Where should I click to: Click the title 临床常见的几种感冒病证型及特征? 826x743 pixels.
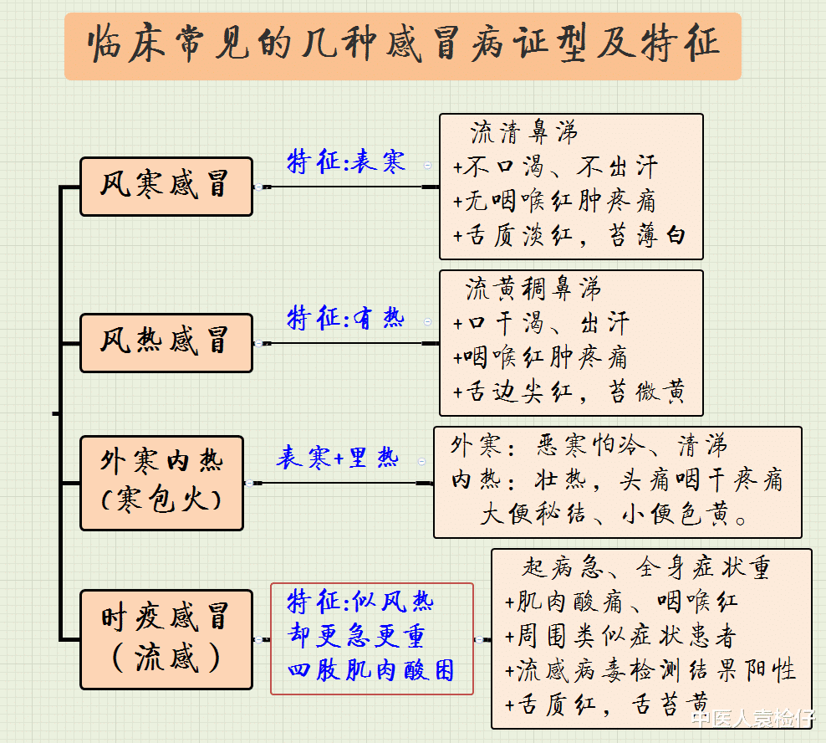pyautogui.click(x=403, y=44)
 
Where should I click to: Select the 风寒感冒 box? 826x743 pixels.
pyautogui.click(x=166, y=186)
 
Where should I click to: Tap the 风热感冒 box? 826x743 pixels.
pyautogui.click(x=166, y=342)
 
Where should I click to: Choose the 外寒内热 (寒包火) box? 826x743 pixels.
pyautogui.click(x=161, y=482)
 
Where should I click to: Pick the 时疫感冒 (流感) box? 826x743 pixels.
pyautogui.click(x=166, y=638)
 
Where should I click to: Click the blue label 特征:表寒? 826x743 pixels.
pyautogui.click(x=346, y=161)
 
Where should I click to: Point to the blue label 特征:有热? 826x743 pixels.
pyautogui.click(x=346, y=318)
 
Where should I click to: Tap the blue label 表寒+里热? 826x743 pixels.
pyautogui.click(x=338, y=459)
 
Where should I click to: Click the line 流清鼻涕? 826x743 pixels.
pyautogui.click(x=524, y=133)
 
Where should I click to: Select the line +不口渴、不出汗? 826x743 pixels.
pyautogui.click(x=555, y=167)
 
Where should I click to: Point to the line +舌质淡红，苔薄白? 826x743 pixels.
pyautogui.click(x=569, y=235)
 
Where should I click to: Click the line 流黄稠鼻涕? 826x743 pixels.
pyautogui.click(x=533, y=290)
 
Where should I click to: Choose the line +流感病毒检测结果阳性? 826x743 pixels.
pyautogui.click(x=650, y=669)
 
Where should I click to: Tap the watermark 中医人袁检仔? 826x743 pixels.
pyautogui.click(x=752, y=718)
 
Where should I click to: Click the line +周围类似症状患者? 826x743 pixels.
pyautogui.click(x=620, y=636)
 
